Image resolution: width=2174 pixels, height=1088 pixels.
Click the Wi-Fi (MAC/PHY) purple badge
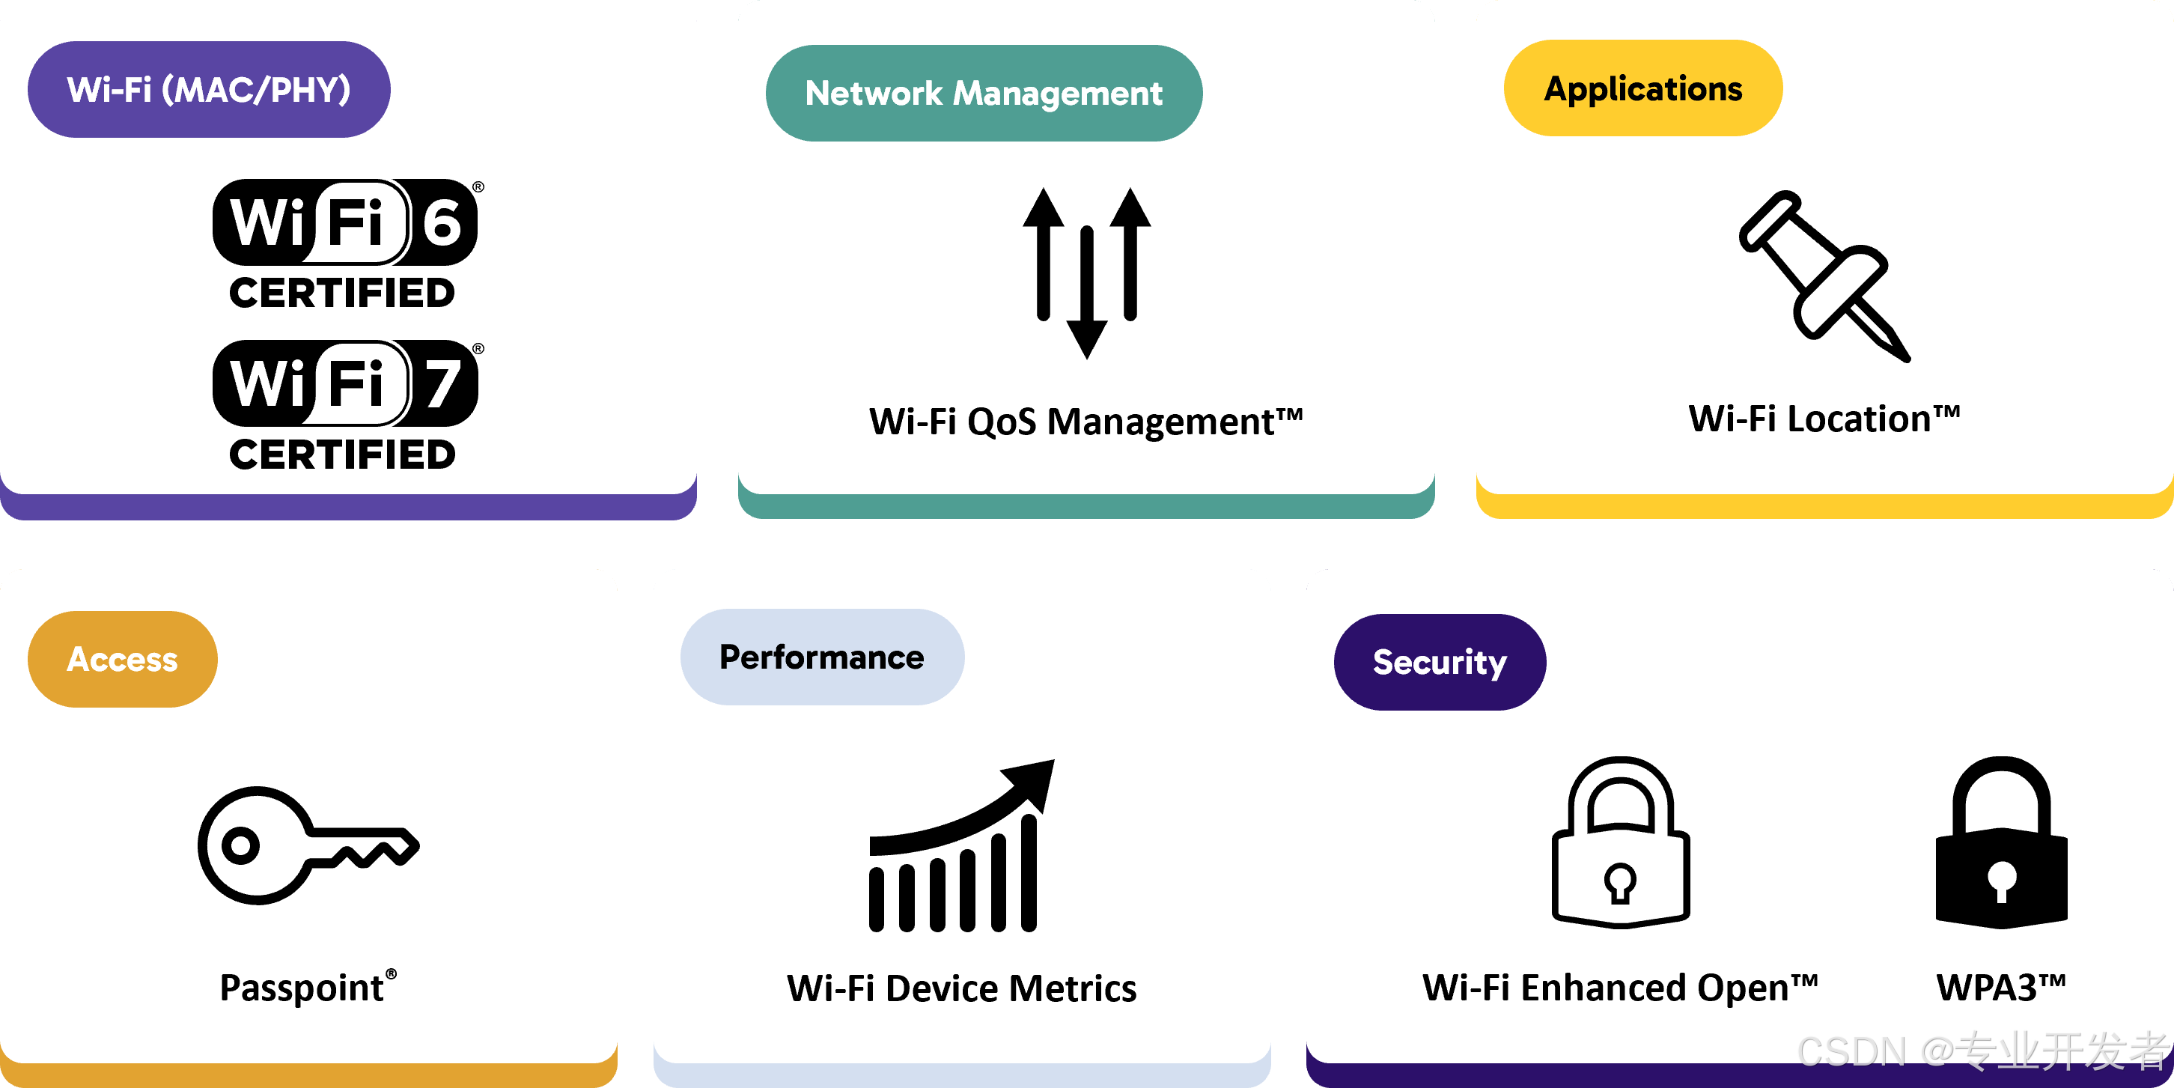[208, 89]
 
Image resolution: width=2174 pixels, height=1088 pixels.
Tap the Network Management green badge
[983, 93]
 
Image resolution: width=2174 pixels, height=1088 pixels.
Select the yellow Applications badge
[1642, 88]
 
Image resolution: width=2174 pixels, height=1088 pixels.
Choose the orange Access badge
[122, 659]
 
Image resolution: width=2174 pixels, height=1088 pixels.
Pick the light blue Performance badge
[822, 657]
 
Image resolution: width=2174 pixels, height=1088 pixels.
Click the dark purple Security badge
[1440, 662]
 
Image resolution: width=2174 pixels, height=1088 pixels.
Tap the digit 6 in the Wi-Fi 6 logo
[442, 223]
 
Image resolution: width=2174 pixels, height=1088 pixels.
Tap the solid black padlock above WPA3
[2001, 844]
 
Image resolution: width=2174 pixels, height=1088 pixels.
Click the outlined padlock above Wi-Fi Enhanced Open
[1620, 844]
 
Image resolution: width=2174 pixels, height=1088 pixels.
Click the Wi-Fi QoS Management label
[1086, 421]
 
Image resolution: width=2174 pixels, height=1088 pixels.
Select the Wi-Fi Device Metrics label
[961, 988]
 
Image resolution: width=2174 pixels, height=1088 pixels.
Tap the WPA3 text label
[2000, 987]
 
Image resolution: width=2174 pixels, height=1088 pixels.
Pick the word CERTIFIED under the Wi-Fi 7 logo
[343, 455]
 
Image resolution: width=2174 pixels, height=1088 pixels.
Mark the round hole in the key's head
[240, 845]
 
